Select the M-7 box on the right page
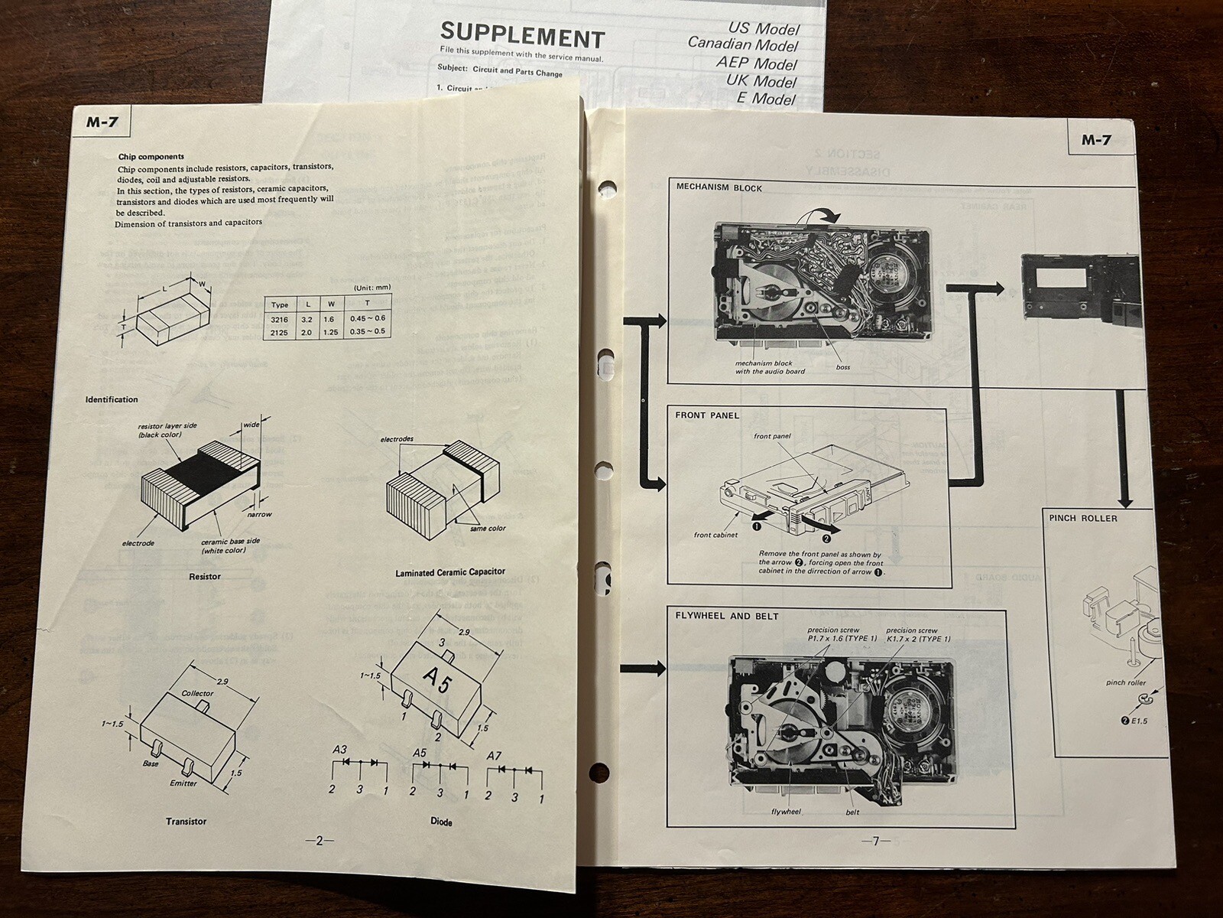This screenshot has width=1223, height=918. [1095, 140]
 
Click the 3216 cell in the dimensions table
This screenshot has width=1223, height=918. [280, 318]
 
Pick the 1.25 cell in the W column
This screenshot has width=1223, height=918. [330, 332]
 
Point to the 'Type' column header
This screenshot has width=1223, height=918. [280, 304]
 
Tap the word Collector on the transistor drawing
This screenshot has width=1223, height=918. [197, 693]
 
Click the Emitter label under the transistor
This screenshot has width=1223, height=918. [183, 783]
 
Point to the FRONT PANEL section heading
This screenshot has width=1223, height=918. [707, 415]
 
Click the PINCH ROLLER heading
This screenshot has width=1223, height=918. [1082, 518]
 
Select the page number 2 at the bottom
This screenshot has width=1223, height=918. [320, 841]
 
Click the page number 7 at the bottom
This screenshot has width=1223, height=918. [876, 841]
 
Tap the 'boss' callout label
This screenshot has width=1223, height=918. [842, 367]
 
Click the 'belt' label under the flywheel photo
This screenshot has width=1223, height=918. [852, 812]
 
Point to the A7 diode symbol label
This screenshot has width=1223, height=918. [495, 756]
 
